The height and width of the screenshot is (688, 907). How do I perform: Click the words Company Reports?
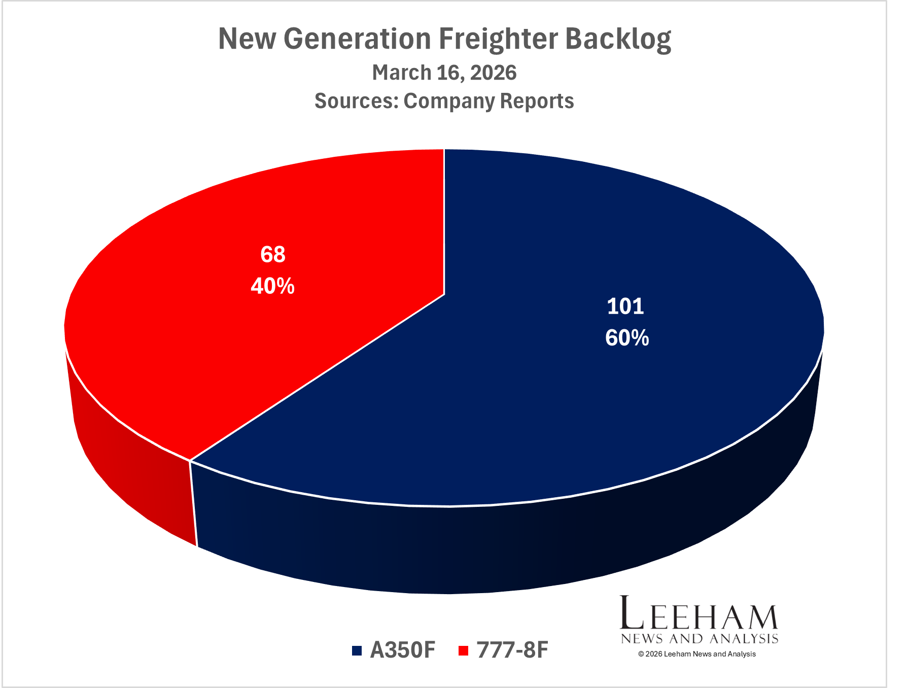click(489, 101)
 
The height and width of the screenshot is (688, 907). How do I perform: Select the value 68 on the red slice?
click(273, 254)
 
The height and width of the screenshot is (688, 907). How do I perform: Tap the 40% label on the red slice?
click(273, 287)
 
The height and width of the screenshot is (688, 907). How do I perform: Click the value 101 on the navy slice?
click(625, 306)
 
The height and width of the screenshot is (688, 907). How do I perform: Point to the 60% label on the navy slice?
click(627, 338)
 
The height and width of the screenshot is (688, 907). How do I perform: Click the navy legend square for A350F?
click(357, 650)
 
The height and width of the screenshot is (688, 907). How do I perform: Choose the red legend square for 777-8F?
click(463, 650)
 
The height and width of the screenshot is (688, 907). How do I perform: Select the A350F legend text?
click(403, 650)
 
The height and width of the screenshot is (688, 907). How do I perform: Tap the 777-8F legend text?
click(512, 650)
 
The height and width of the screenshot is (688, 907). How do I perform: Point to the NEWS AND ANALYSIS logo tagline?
click(700, 639)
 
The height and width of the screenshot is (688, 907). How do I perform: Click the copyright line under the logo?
click(697, 654)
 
